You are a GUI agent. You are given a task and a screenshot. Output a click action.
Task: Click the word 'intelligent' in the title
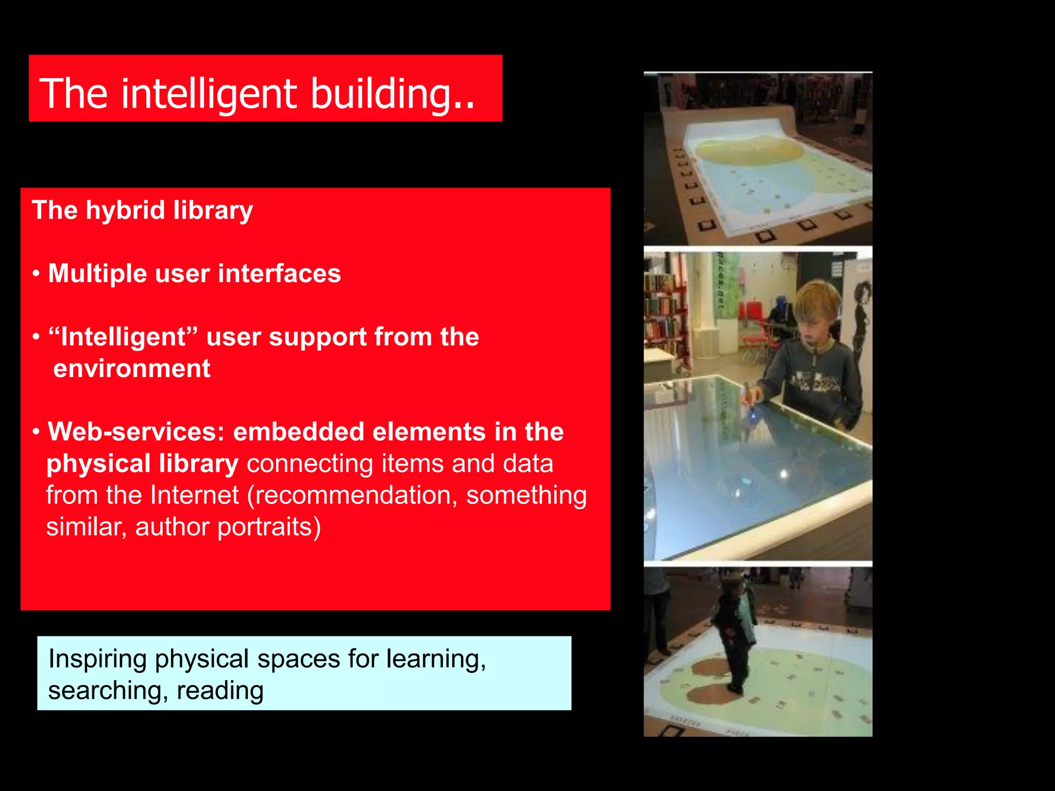tap(209, 94)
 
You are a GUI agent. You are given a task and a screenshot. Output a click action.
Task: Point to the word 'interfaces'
tap(279, 273)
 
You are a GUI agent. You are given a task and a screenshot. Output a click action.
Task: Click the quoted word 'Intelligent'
tap(123, 337)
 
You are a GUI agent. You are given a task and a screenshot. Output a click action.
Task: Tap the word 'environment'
tap(132, 369)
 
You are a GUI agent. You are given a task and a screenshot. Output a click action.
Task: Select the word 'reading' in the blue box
tap(220, 691)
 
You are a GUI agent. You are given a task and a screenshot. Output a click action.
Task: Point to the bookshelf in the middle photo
tap(665, 314)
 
